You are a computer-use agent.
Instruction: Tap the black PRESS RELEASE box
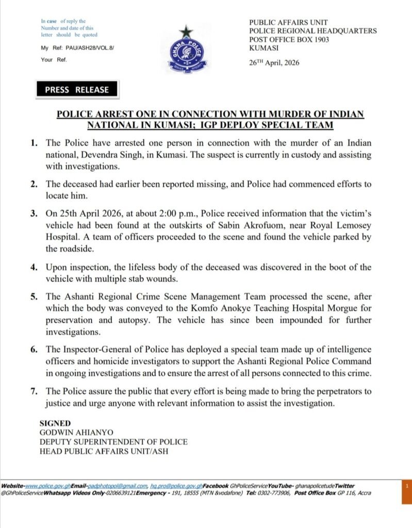click(77, 89)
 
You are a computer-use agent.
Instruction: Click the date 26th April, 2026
click(274, 63)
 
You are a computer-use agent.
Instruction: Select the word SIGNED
click(55, 423)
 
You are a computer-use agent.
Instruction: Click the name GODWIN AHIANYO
click(77, 433)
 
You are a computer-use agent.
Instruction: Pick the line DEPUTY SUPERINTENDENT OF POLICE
click(113, 442)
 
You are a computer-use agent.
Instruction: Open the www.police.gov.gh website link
click(47, 486)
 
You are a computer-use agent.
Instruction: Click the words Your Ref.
click(54, 59)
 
